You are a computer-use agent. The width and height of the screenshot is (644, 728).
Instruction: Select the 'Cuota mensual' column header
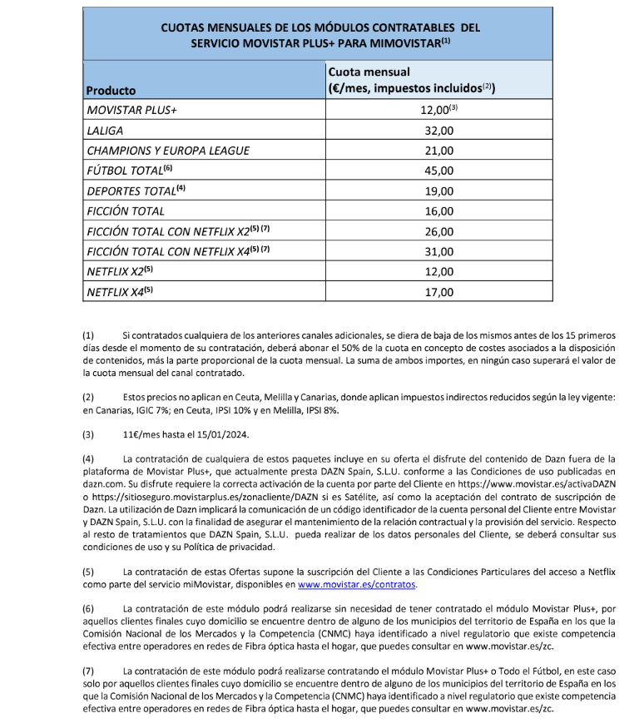point(369,72)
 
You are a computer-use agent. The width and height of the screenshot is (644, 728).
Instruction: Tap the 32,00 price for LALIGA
point(438,131)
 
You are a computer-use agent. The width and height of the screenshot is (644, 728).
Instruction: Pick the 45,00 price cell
point(438,171)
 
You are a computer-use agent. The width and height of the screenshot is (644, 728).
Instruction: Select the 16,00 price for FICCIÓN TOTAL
point(438,211)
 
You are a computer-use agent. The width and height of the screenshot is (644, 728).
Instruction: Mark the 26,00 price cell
point(438,231)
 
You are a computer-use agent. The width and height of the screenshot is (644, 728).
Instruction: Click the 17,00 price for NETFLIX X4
point(438,292)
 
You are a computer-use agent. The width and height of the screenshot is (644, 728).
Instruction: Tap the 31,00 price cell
point(438,251)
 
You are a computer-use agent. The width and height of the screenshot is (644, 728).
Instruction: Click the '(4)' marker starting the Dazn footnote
point(88,458)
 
